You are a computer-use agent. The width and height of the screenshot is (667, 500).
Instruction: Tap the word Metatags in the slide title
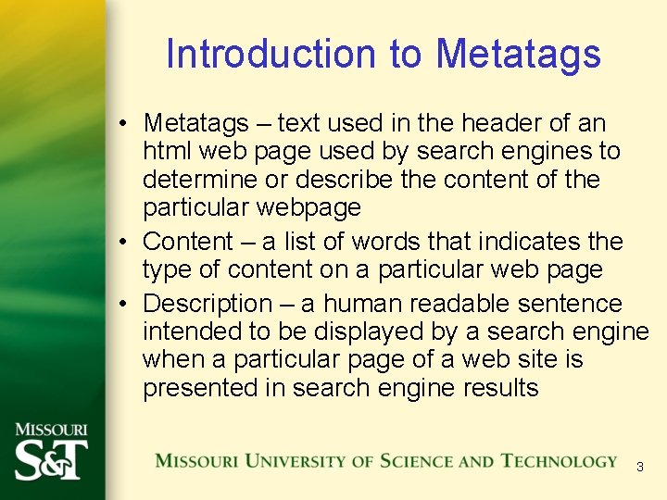coord(519,54)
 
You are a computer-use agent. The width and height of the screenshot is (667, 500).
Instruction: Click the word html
coord(165,150)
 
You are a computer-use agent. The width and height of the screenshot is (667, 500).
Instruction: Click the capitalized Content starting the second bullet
coord(188,242)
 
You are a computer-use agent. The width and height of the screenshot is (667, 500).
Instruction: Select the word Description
coord(208,304)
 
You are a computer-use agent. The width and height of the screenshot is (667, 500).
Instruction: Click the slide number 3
coord(639,468)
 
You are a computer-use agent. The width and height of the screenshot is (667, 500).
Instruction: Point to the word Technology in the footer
coord(559,461)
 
